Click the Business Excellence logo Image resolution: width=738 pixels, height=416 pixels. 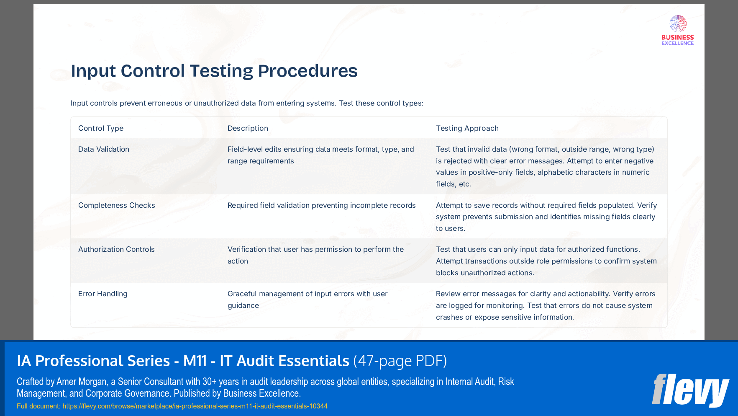pos(678,30)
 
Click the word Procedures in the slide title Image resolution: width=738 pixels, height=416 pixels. pos(307,71)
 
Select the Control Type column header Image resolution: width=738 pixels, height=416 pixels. pos(101,128)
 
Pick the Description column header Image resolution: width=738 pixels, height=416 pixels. pos(248,128)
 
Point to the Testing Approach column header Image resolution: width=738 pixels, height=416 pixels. pos(467,128)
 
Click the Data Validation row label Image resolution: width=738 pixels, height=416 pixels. pos(104,149)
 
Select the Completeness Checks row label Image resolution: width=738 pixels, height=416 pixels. pos(117,205)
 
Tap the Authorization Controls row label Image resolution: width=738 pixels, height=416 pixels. pos(116,249)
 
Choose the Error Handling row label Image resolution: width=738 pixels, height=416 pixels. pos(103,294)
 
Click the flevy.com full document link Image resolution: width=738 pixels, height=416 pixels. pos(195,406)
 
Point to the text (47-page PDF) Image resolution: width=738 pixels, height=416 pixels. pos(400,361)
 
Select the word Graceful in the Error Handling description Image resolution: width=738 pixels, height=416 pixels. pos(241,294)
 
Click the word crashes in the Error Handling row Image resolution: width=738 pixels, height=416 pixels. pos(449,317)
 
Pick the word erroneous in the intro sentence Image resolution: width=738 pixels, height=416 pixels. pos(159,103)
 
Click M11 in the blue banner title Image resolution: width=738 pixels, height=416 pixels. pos(195,361)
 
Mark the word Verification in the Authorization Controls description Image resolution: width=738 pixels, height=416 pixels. pos(246,249)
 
